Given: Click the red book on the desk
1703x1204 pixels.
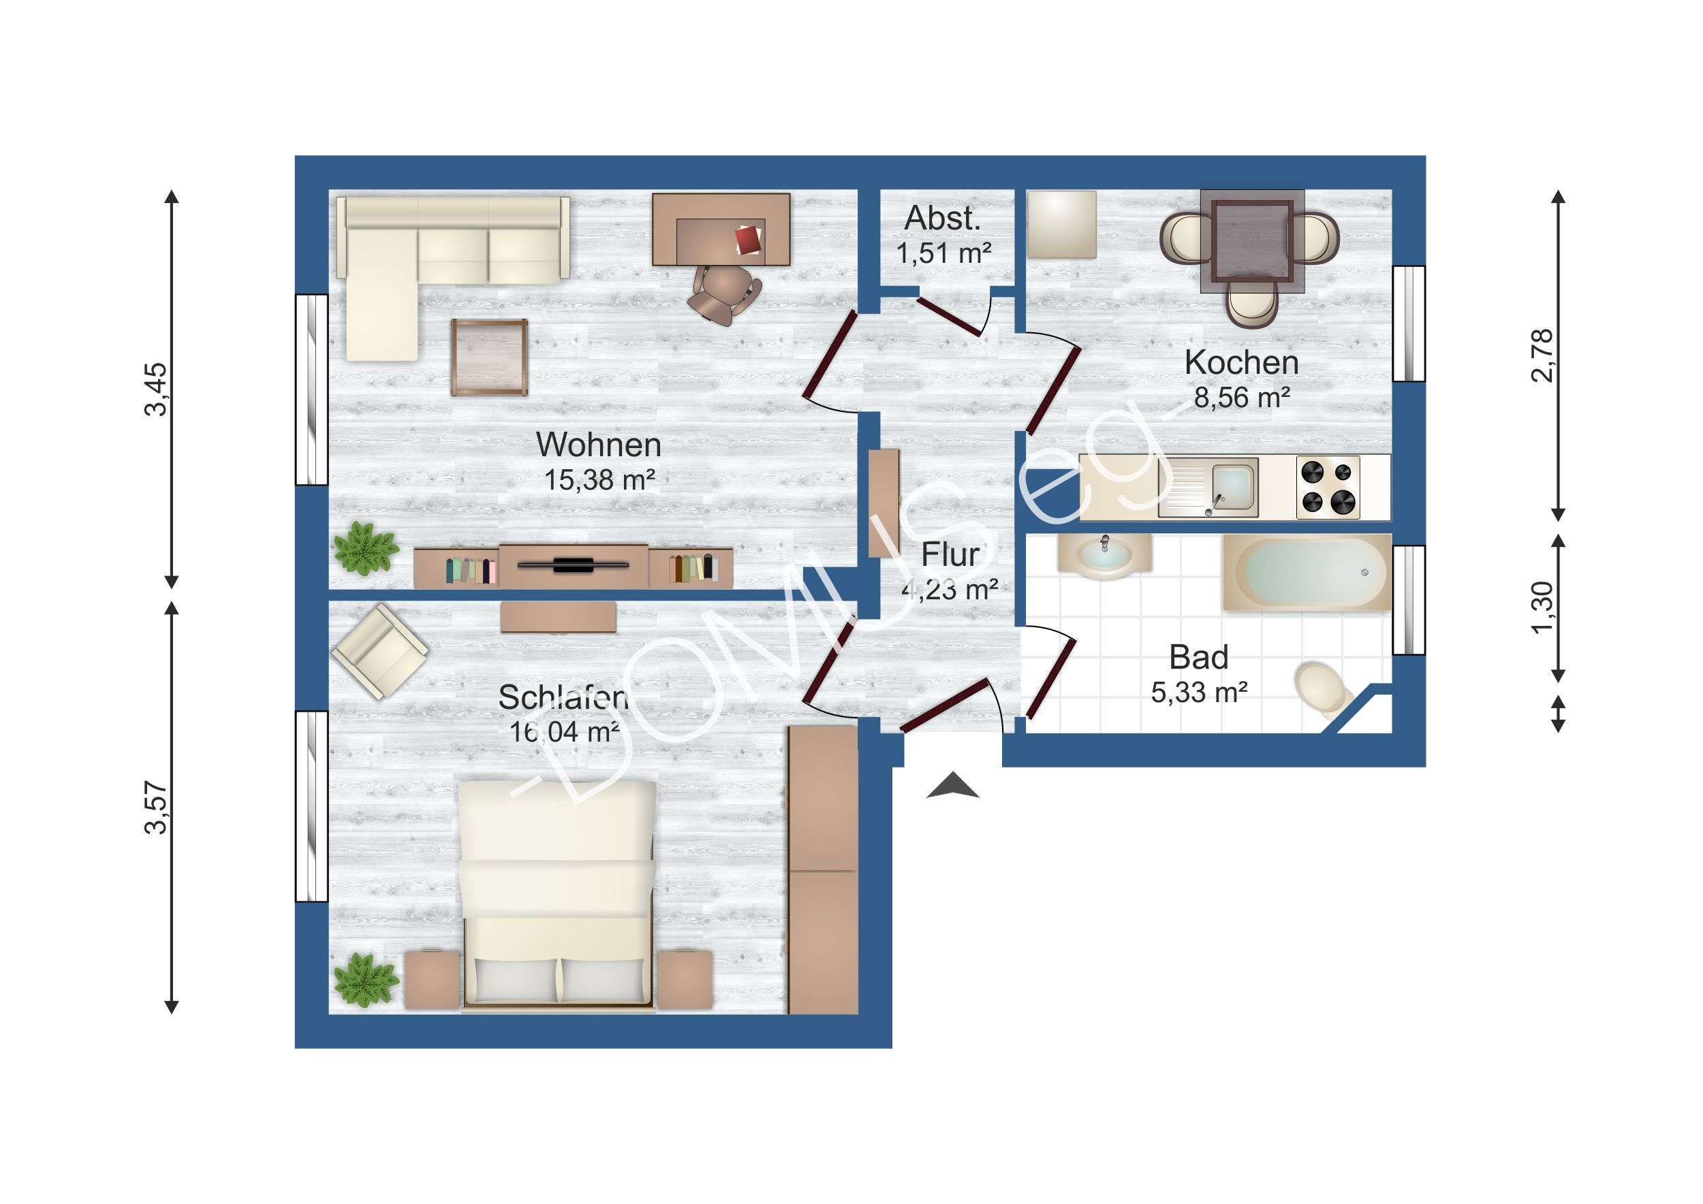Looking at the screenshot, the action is tap(749, 240).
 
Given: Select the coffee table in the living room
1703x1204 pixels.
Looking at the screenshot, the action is tap(490, 358).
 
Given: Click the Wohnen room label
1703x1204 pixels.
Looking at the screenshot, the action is tap(599, 445).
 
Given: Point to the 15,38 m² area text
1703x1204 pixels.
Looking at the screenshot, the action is tap(599, 480).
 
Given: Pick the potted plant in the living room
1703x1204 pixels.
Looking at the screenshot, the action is tap(365, 549).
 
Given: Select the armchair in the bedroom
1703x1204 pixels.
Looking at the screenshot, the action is tap(379, 652).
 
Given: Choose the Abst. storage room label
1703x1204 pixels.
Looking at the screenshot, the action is tap(943, 218).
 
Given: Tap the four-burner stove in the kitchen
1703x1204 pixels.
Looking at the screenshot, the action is tap(1328, 487).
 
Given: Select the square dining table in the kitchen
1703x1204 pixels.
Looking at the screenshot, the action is tap(1253, 242).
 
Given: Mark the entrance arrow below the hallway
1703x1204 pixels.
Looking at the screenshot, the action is tap(953, 785).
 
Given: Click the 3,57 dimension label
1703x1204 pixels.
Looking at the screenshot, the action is tap(157, 808).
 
